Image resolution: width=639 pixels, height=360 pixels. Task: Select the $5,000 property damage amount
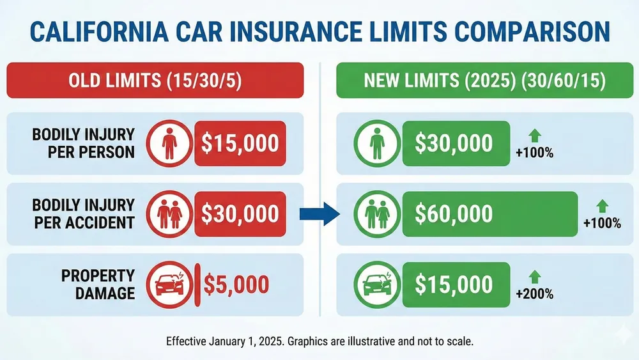pos(237,285)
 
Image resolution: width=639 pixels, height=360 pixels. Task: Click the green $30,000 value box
pos(454,143)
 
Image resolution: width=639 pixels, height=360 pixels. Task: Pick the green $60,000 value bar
pos(489,214)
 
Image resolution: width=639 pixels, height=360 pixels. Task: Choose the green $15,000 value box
pos(454,285)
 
